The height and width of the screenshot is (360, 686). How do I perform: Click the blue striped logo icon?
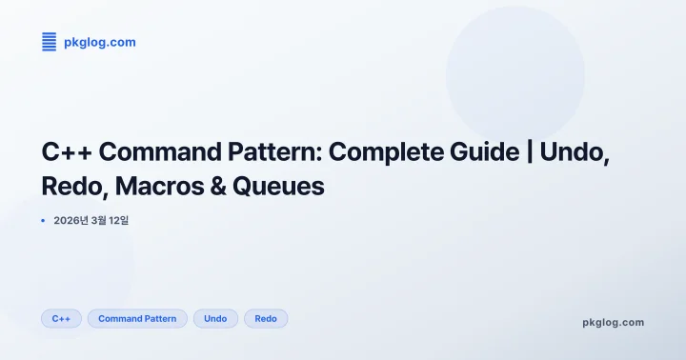pyautogui.click(x=50, y=42)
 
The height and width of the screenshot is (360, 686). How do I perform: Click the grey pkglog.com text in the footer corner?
pyautogui.click(x=613, y=322)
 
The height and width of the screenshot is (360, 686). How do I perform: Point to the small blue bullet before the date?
pyautogui.click(x=44, y=221)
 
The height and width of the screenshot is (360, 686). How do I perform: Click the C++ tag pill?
pyautogui.click(x=61, y=319)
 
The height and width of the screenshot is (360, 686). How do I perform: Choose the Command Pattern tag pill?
pyautogui.click(x=137, y=319)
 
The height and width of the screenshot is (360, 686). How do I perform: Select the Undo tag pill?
pyautogui.click(x=215, y=319)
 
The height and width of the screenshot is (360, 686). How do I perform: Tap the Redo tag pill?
pyautogui.click(x=266, y=319)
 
